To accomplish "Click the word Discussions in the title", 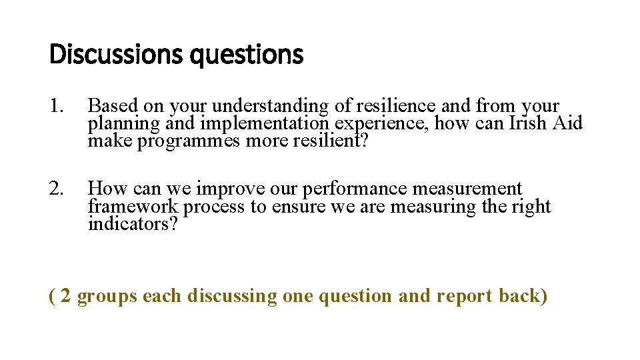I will point(117,55).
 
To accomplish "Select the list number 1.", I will point(57,106).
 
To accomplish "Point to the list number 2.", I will point(57,189).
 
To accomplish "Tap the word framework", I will point(133,207).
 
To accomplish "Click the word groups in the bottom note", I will point(107,295).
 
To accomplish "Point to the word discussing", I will point(232,295).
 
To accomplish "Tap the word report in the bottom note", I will point(465,295).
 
